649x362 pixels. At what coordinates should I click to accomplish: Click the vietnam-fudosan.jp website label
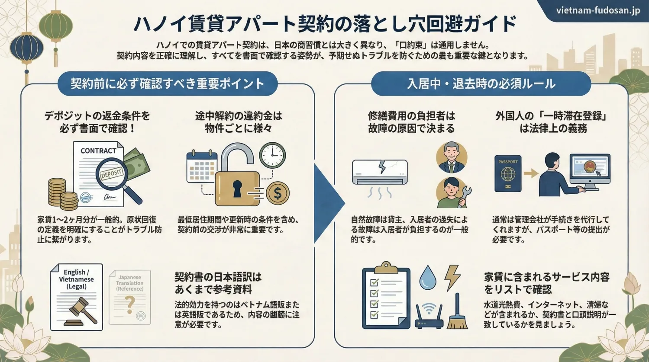pos(597,10)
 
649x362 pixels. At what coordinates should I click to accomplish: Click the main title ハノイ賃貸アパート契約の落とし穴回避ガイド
pos(324,24)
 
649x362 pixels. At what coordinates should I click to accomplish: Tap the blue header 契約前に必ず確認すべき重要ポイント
pos(167,83)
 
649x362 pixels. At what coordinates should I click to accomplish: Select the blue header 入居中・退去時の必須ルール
pos(481,83)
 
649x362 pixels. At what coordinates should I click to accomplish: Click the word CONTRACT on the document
pos(98,151)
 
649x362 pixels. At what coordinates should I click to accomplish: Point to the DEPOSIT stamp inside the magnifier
pos(112,174)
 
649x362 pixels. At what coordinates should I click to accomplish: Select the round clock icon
pos(272,155)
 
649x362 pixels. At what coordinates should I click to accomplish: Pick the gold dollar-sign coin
pos(278,193)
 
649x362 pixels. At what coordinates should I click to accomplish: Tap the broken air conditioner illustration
pos(380,172)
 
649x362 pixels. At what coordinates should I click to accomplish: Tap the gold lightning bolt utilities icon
pos(452,276)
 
